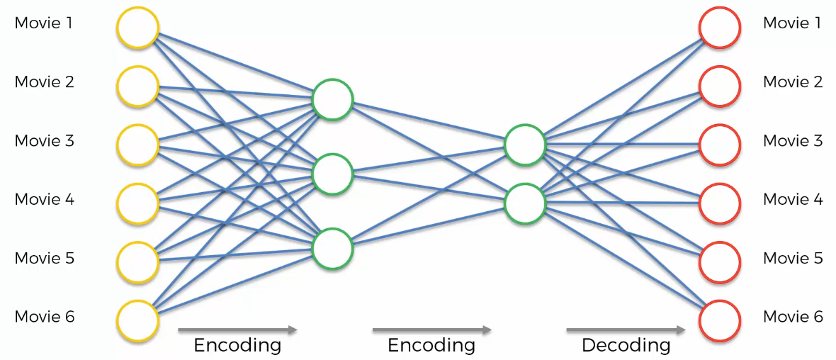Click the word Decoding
click(626, 346)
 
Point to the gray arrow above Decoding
click(626, 330)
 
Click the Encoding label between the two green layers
click(431, 346)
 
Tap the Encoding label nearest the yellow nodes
click(237, 346)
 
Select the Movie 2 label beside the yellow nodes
click(44, 82)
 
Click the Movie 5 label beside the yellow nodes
click(44, 258)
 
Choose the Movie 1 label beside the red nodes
click(792, 23)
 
